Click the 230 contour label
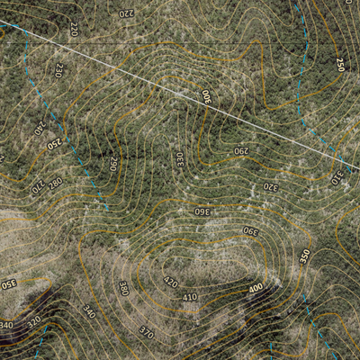[59, 68]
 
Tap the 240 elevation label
[39, 128]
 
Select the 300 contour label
[205, 96]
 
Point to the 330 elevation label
[179, 159]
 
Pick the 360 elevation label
[202, 211]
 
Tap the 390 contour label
[249, 231]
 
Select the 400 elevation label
[256, 288]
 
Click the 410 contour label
[190, 297]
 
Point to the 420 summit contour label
[170, 282]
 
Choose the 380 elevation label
[123, 288]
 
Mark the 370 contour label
[146, 332]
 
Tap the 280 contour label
[55, 183]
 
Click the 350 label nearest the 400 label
[304, 256]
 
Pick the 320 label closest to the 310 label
[270, 187]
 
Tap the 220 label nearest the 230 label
[74, 29]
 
